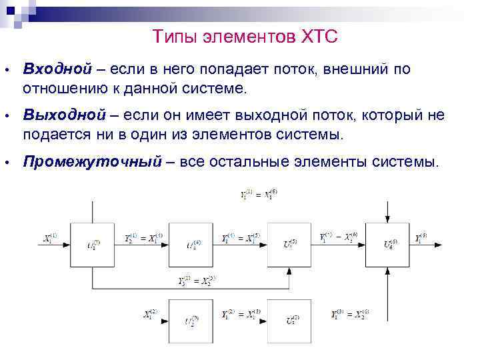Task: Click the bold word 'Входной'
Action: (x=56, y=69)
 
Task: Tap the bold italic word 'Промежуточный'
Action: (x=93, y=161)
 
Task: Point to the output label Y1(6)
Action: (x=422, y=237)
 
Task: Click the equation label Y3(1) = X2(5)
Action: (x=197, y=279)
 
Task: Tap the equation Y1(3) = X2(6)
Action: (x=350, y=313)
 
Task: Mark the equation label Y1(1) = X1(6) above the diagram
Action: (x=258, y=196)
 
